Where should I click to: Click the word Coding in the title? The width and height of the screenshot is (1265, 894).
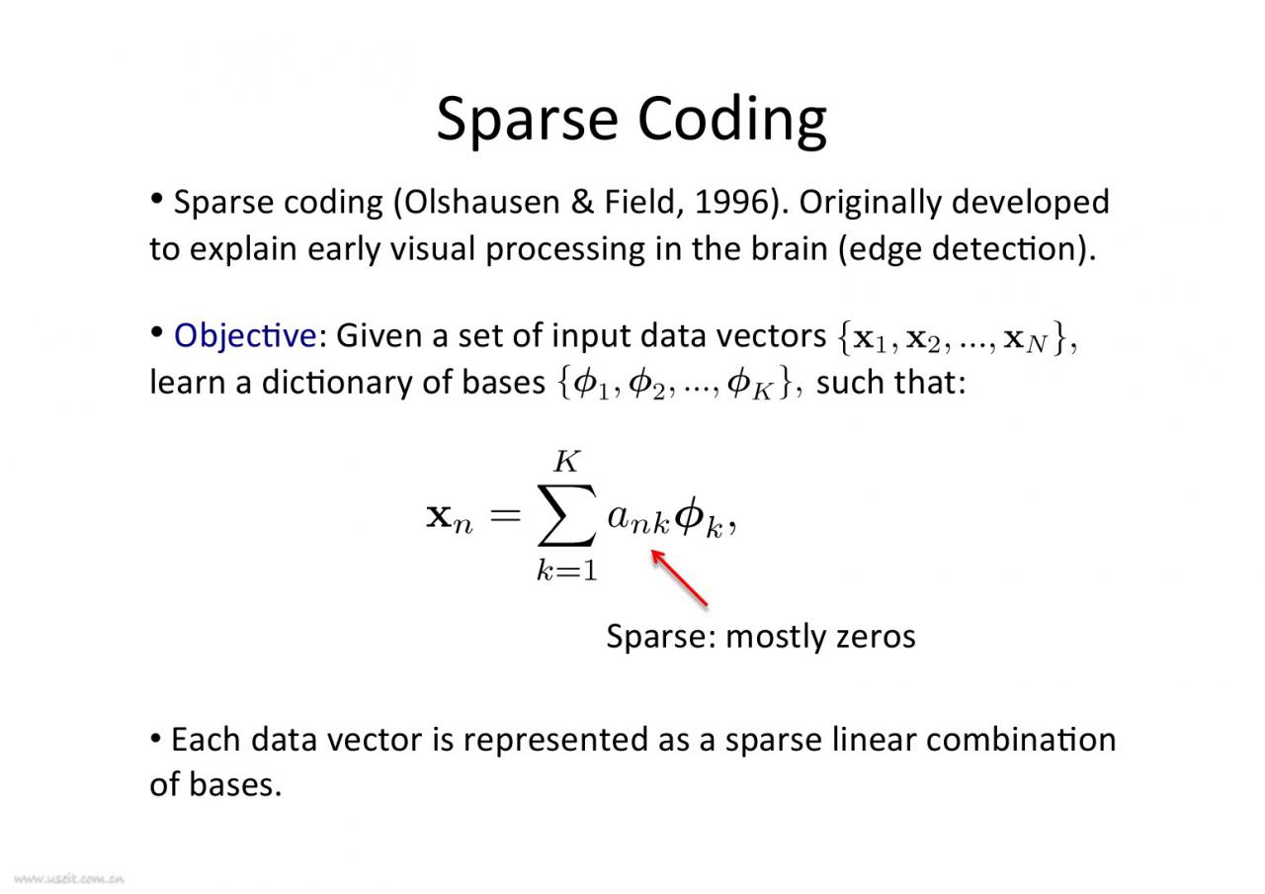click(x=732, y=121)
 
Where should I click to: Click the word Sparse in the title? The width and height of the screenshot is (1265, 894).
click(x=527, y=121)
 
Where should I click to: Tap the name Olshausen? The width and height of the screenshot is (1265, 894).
click(x=481, y=202)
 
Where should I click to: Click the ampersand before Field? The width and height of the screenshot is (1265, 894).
click(x=582, y=202)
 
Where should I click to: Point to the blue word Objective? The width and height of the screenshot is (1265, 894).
click(x=245, y=335)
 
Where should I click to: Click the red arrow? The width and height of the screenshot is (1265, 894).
click(x=679, y=579)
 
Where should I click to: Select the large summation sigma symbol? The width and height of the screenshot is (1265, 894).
click(x=566, y=515)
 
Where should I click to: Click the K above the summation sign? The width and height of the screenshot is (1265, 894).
click(x=566, y=461)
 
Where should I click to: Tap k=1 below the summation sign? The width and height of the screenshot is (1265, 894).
click(x=566, y=571)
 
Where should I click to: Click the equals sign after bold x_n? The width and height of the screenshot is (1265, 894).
click(x=505, y=515)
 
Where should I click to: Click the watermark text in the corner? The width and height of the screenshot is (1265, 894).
click(x=68, y=879)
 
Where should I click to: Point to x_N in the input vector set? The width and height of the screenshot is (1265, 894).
click(x=1026, y=340)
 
